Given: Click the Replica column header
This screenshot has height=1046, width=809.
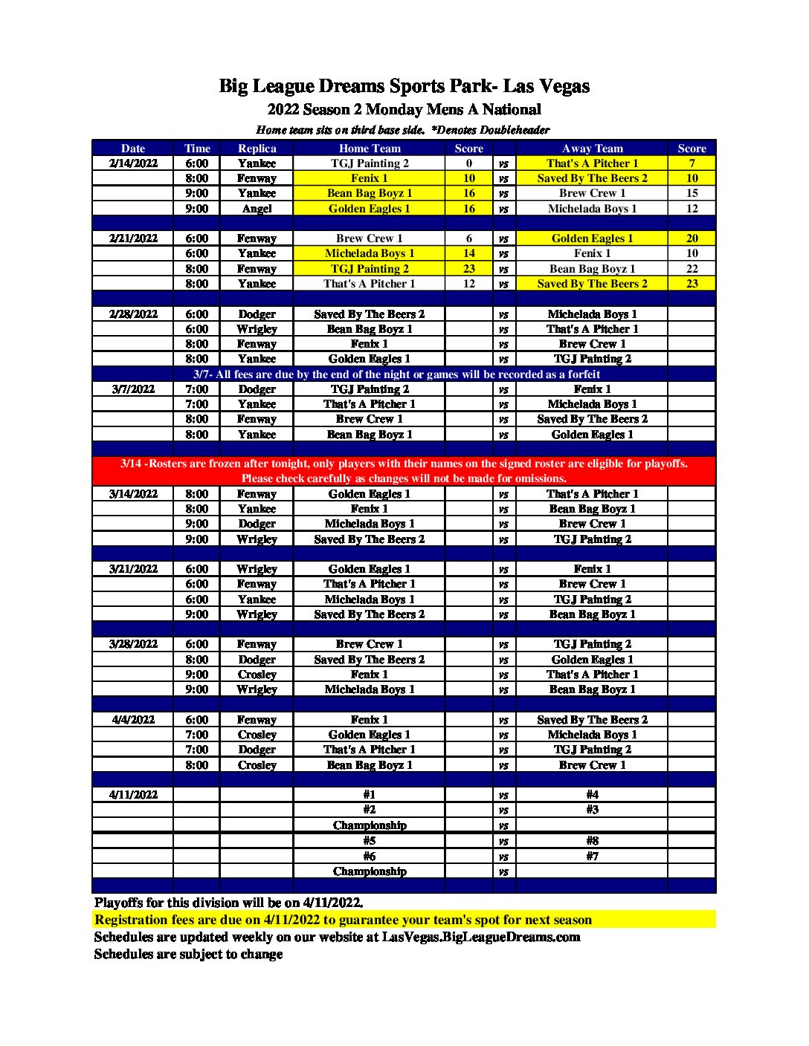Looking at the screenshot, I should click(x=257, y=149).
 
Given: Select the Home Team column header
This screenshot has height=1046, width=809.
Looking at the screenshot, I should click(x=370, y=149).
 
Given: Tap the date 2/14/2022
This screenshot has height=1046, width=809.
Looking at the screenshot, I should click(x=133, y=163).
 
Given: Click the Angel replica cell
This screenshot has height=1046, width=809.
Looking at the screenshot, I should click(x=257, y=209).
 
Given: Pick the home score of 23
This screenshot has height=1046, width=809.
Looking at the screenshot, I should click(x=468, y=269).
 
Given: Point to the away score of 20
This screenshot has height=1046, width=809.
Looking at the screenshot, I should click(x=692, y=238).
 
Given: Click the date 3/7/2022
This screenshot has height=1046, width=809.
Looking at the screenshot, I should click(x=133, y=389).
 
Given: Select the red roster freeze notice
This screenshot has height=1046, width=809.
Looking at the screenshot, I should click(x=404, y=471).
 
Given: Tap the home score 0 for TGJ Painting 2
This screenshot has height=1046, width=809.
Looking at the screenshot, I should click(x=468, y=163).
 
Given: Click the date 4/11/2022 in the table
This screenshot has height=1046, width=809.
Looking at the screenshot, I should click(x=133, y=795).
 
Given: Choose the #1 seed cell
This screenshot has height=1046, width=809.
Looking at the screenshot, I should click(x=370, y=795).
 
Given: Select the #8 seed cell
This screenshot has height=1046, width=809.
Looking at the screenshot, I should click(x=592, y=841).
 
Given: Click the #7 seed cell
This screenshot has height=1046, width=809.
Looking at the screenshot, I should click(x=592, y=856).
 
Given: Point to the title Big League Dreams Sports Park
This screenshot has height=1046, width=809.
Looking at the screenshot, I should click(x=404, y=86).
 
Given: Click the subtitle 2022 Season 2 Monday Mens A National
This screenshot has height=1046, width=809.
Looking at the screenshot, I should click(x=404, y=110).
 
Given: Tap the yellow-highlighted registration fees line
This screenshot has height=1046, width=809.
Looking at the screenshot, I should click(x=343, y=920).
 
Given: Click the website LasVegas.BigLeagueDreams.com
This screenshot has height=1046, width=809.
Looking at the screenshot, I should click(x=481, y=937).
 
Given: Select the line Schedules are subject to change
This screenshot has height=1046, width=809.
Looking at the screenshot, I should click(x=188, y=954).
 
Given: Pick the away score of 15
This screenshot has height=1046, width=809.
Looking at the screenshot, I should click(x=692, y=193).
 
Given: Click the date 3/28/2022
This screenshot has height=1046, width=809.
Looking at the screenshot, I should click(x=133, y=644).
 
